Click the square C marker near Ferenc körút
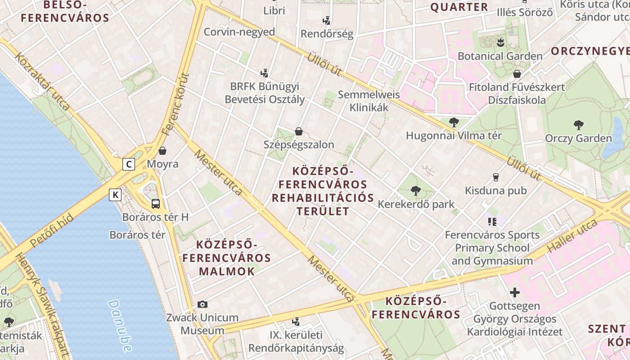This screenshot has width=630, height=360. pos(129,164)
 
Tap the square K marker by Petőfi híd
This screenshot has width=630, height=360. pos(116,195)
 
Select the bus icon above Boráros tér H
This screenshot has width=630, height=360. pos(155,203)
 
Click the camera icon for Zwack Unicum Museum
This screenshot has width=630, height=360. pos(202,305)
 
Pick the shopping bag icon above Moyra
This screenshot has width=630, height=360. pos(162,151)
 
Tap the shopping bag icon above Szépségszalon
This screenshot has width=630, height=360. pos(298,131)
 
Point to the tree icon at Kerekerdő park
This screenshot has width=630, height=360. pos(415,191)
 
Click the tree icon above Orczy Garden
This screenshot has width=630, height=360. pos(579,125)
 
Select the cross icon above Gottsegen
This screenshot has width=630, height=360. pos(514,293)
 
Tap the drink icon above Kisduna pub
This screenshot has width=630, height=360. pos(496,177)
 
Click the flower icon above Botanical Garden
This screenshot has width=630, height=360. pos(500,43)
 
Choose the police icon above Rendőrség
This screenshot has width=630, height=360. pos(327,21)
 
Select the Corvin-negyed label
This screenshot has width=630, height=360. pos(239,32)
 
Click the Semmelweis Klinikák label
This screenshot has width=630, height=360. pos(369,101)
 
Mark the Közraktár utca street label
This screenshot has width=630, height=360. pos(43,81)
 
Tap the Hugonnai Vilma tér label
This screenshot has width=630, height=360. pos(454,135)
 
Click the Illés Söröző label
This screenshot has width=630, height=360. pos(524,13)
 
